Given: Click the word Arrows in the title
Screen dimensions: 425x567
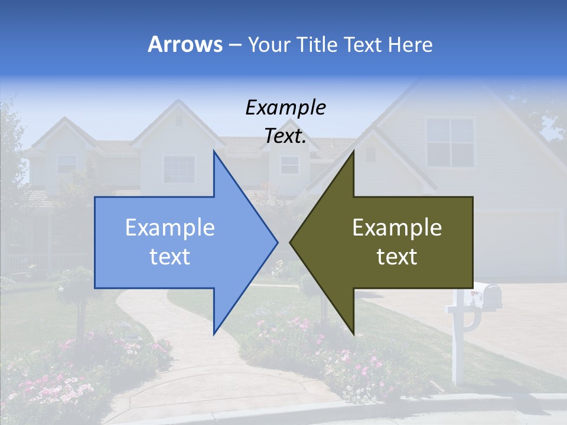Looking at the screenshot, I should pyautogui.click(x=185, y=44).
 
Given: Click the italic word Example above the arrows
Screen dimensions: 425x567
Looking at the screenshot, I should pyautogui.click(x=285, y=108).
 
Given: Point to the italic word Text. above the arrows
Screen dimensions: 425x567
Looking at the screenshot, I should pyautogui.click(x=285, y=136).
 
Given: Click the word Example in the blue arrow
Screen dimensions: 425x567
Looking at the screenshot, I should pyautogui.click(x=170, y=228).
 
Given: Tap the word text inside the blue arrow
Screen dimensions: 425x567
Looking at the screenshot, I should pyautogui.click(x=170, y=257).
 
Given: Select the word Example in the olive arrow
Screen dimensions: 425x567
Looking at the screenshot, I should pyautogui.click(x=397, y=228).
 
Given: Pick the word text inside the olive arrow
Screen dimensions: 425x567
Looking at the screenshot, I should pyautogui.click(x=397, y=257).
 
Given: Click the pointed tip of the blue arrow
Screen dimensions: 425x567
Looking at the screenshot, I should pyautogui.click(x=276, y=242).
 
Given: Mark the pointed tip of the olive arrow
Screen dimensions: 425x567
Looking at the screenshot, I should pyautogui.click(x=291, y=242).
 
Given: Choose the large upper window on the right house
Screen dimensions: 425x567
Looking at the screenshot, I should pyautogui.click(x=450, y=142).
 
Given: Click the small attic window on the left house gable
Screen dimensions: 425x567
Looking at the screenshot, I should pyautogui.click(x=179, y=121).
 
